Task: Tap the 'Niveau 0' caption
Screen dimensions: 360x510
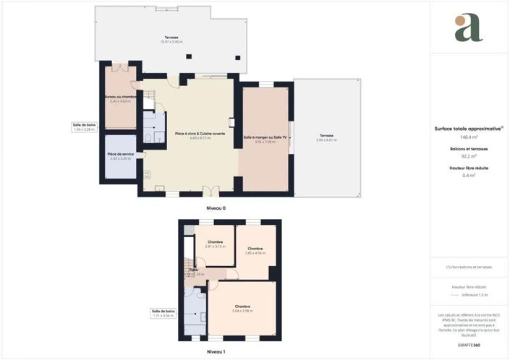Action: pyautogui.click(x=216, y=208)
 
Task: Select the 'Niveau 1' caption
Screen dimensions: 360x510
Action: pyautogui.click(x=216, y=351)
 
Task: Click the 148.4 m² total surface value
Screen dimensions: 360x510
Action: pyautogui.click(x=469, y=136)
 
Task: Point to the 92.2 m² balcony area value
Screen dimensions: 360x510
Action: pyautogui.click(x=469, y=155)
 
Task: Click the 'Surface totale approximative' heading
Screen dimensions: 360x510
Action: pyautogui.click(x=468, y=128)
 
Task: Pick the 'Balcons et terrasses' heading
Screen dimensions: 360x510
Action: pyautogui.click(x=469, y=148)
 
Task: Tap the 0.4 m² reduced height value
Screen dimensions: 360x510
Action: pyautogui.click(x=469, y=175)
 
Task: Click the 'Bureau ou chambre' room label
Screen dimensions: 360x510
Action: pyautogui.click(x=120, y=97)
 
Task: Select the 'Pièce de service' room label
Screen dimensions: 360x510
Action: pyautogui.click(x=120, y=154)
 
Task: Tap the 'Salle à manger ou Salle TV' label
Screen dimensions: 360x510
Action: pyautogui.click(x=265, y=137)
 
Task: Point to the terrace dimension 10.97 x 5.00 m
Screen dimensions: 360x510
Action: pyautogui.click(x=171, y=41)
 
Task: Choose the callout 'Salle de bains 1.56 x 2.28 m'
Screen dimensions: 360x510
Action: pyautogui.click(x=84, y=127)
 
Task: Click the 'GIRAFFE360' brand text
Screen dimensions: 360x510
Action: pyautogui.click(x=469, y=345)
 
